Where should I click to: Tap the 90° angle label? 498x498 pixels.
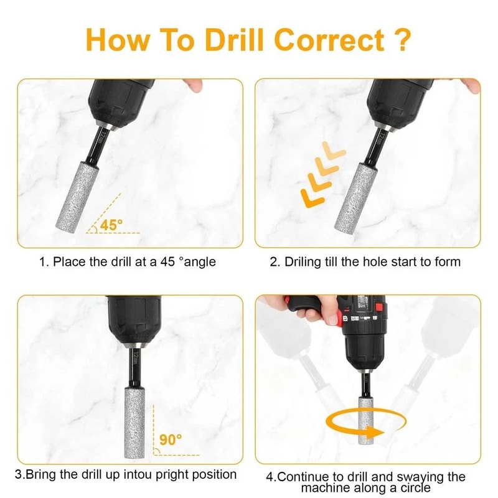pos(169,439)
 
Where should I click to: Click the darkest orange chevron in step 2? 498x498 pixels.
pos(311,197)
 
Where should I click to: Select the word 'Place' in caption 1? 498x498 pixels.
pos(68,262)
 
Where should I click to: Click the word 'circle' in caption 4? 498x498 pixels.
pos(413,487)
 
